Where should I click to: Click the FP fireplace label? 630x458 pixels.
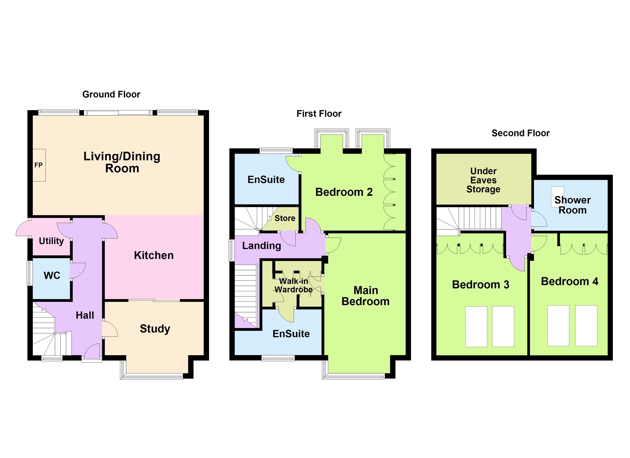click(x=38, y=165)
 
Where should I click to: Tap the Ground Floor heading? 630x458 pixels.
click(x=111, y=94)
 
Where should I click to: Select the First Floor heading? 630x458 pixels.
click(x=319, y=114)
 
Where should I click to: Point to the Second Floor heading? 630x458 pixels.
click(x=521, y=133)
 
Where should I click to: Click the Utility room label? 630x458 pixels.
click(x=51, y=241)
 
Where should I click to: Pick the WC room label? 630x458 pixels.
click(x=52, y=276)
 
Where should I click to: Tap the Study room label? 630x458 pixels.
click(x=155, y=329)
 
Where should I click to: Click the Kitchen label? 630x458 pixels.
click(x=154, y=256)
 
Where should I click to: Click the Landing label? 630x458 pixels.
click(x=262, y=246)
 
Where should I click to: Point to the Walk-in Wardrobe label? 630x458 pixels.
click(x=294, y=285)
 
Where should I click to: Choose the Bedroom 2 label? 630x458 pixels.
click(x=344, y=192)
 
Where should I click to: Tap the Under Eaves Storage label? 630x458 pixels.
click(x=483, y=180)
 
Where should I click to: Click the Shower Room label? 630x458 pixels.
click(x=573, y=205)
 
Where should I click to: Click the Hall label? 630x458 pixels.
click(x=85, y=315)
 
